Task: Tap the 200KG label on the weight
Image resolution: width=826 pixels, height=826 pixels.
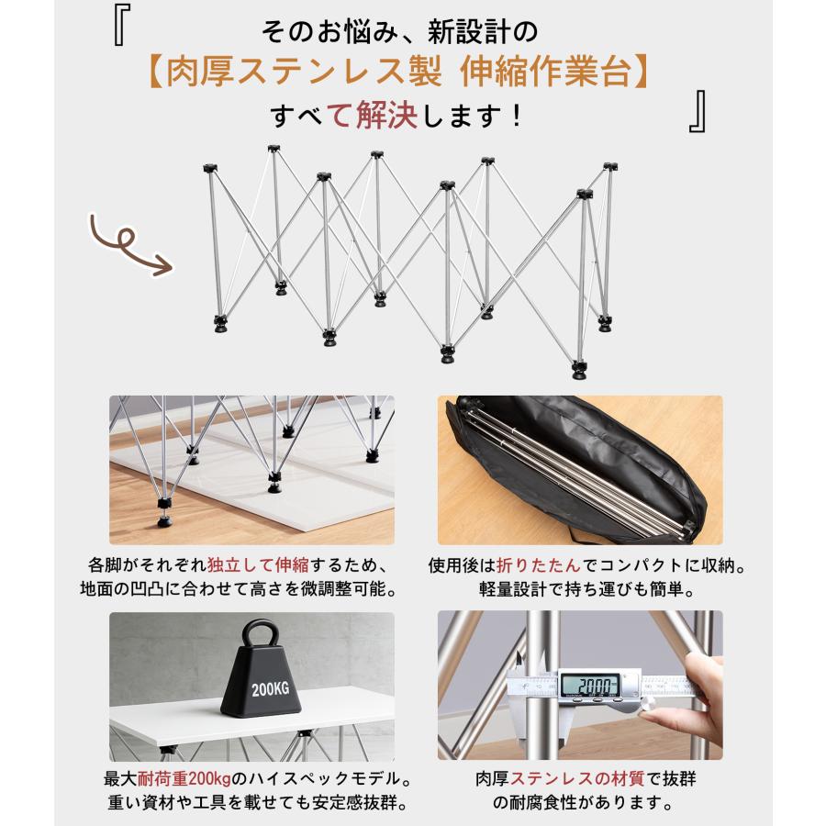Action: [270, 688]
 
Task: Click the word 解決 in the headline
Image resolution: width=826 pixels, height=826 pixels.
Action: [386, 116]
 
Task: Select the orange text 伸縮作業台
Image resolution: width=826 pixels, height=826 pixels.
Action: [544, 73]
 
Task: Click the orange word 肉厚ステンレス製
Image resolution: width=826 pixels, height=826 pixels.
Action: [304, 73]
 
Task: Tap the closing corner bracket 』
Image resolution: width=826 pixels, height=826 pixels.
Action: [698, 111]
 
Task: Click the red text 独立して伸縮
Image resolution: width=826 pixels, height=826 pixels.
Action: [258, 564]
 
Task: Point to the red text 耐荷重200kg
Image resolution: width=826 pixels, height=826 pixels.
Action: [184, 778]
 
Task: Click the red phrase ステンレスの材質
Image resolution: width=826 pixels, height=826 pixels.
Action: [577, 778]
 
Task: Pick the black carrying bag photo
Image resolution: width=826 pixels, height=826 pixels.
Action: [580, 470]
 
